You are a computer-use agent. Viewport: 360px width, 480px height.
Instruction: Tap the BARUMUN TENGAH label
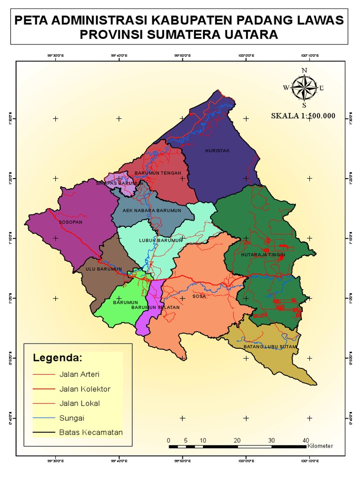pos(158,173)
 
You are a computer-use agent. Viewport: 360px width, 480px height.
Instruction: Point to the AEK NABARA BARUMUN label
pos(152,211)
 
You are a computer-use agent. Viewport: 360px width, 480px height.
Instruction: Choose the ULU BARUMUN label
pos(104,269)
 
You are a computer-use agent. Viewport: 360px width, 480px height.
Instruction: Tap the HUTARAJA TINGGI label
pos(263,255)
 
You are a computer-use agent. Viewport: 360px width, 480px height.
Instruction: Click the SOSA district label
pos(199,297)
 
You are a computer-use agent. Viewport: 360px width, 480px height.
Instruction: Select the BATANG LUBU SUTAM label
pos(270,347)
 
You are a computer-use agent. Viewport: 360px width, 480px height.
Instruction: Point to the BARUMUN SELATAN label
pos(155,307)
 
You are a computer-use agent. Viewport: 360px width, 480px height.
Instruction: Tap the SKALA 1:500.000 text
pos(303,116)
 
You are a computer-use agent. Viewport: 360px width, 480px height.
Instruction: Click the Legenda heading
pos(57,358)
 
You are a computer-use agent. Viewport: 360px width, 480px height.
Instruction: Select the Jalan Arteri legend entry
pos(79,374)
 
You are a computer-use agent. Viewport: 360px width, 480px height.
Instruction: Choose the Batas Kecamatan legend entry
pos(91,432)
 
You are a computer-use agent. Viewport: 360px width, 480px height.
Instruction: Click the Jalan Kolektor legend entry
pos(85,389)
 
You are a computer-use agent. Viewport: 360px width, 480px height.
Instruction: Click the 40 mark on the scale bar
pos(306,440)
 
